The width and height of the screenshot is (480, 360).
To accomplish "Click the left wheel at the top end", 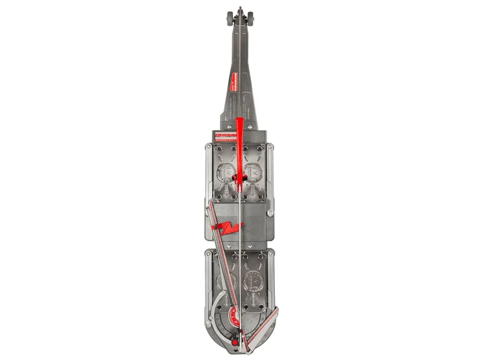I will point(230,17).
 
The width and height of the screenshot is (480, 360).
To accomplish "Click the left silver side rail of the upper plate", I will point(208,174).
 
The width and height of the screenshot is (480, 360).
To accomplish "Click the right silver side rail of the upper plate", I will point(272,174).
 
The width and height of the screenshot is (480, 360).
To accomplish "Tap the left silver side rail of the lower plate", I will point(208,282).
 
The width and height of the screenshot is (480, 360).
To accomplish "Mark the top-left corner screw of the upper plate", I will point(208,146).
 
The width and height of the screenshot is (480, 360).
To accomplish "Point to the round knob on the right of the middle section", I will point(271,213).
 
